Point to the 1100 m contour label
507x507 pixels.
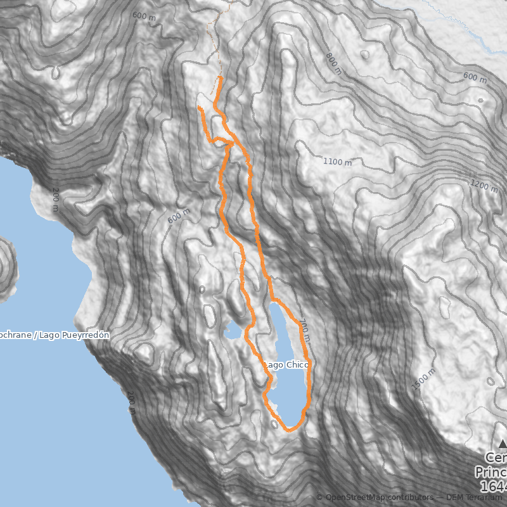click(337, 162)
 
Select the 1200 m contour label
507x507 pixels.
click(485, 184)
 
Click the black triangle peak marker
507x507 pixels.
click(503, 444)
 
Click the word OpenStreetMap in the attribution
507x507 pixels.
click(356, 498)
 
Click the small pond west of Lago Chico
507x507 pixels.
click(232, 331)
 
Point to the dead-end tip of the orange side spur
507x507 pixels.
click(200, 108)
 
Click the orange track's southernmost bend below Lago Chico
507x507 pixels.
click(289, 430)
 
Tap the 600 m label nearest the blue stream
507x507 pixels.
click(475, 78)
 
